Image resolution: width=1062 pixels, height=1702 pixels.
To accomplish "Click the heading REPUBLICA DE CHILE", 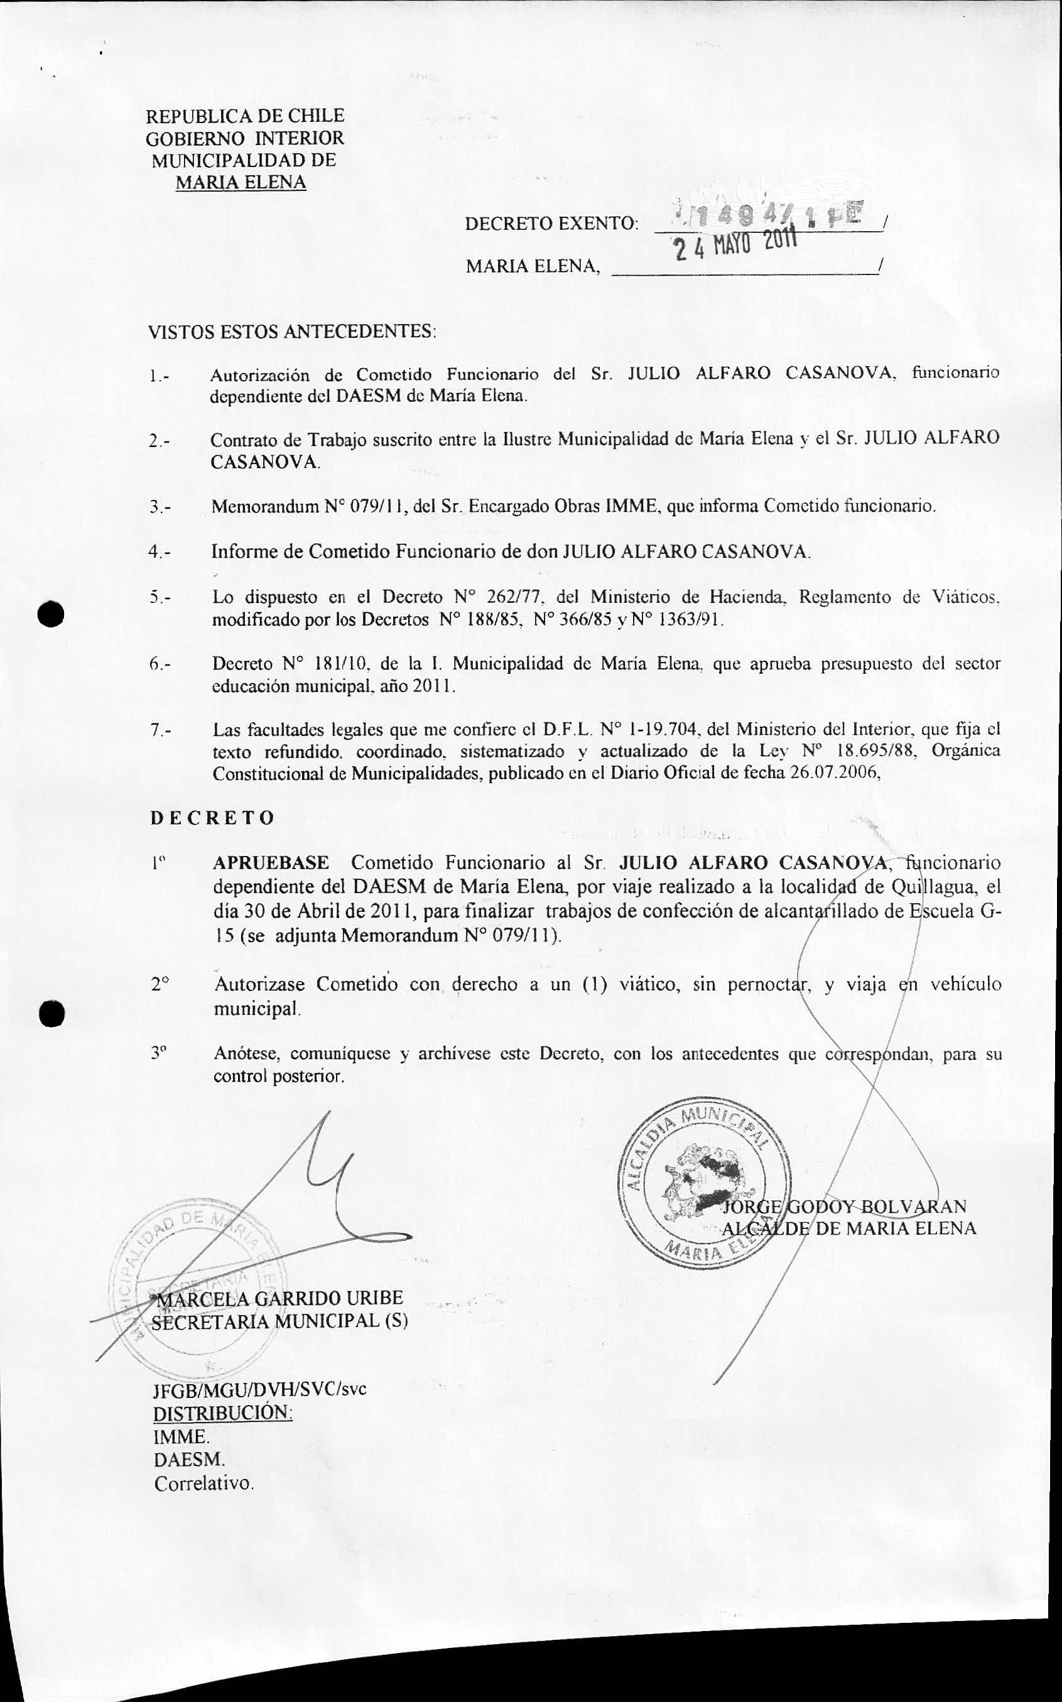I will (x=244, y=116).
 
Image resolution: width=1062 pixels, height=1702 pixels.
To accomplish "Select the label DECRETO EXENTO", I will (x=551, y=224).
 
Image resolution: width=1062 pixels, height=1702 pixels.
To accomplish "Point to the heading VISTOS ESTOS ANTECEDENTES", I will (x=291, y=332).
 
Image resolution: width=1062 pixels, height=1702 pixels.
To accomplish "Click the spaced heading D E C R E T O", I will (x=212, y=818).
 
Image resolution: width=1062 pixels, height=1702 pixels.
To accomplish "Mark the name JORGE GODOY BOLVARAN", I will (x=844, y=1206).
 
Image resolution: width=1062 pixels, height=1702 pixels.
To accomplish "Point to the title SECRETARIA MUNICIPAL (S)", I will (x=279, y=1321).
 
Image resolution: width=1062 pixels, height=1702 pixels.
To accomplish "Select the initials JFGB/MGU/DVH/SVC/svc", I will (x=259, y=1389).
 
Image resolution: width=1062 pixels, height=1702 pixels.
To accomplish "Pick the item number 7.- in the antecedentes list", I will (x=160, y=730).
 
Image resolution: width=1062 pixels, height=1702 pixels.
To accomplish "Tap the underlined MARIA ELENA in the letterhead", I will (x=240, y=183).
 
